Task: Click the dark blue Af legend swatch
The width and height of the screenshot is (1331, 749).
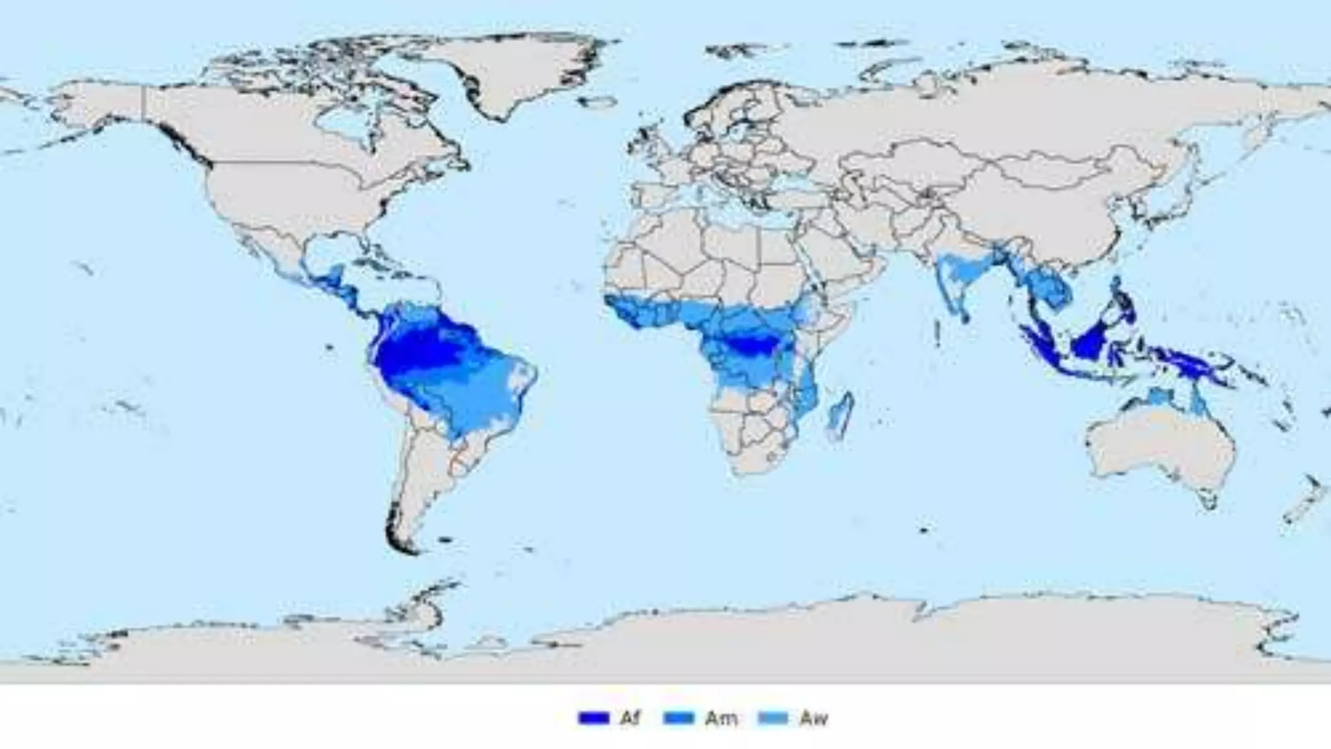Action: [x=593, y=718]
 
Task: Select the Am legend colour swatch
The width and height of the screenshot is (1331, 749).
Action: [x=678, y=718]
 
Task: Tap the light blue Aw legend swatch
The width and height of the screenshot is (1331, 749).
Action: [x=773, y=718]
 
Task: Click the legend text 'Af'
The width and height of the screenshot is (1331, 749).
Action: [x=629, y=718]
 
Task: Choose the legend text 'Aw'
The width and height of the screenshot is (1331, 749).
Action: [x=814, y=718]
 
